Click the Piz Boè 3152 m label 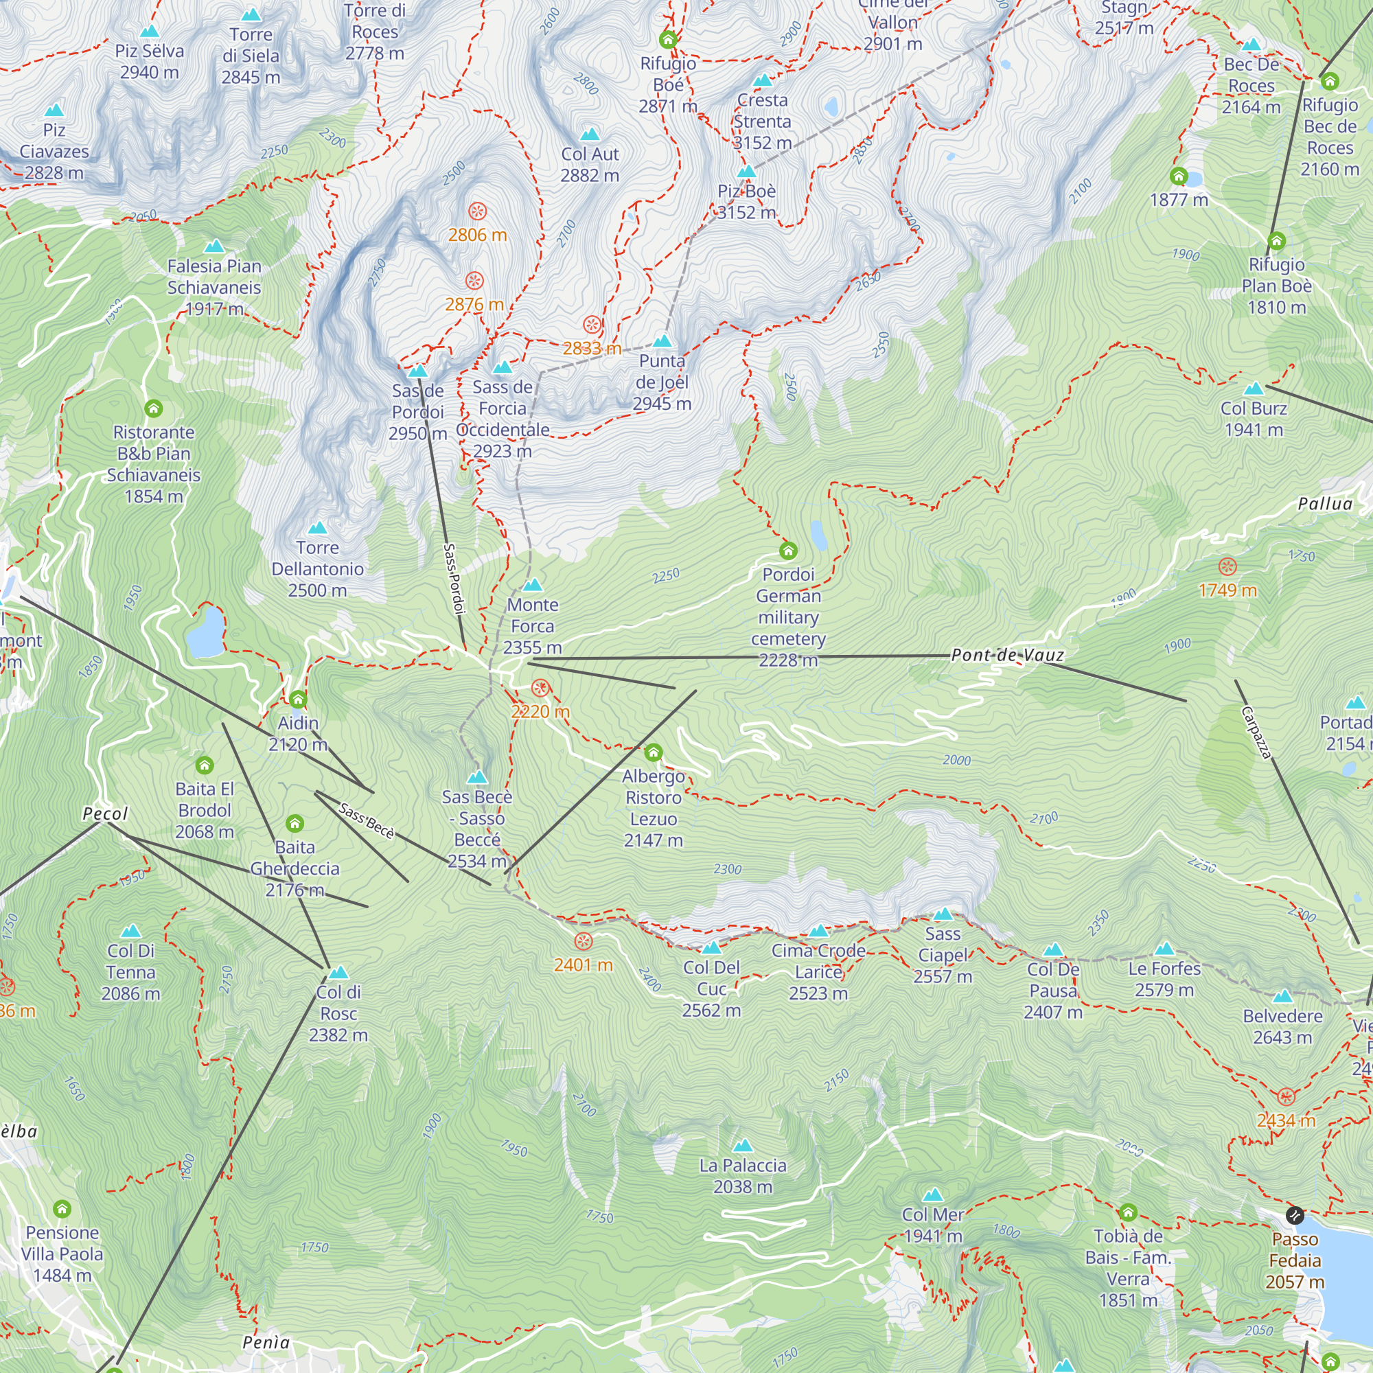tap(746, 202)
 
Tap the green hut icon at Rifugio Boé tap(667, 39)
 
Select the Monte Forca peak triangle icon tap(532, 586)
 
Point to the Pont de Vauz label tap(1007, 655)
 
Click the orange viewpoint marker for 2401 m tap(583, 942)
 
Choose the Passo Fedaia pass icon tap(1295, 1215)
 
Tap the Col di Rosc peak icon tap(338, 972)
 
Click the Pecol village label tap(105, 814)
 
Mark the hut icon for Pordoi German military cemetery tap(788, 551)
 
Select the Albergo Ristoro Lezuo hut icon tap(653, 752)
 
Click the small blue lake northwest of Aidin tap(206, 632)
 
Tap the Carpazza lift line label tap(1256, 732)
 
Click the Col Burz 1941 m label tap(1254, 419)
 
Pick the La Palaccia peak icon tap(743, 1146)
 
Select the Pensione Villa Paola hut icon tap(62, 1209)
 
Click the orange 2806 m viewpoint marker tap(478, 211)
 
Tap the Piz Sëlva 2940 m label tap(149, 61)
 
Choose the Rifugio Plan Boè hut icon tap(1276, 241)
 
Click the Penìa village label tap(266, 1342)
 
